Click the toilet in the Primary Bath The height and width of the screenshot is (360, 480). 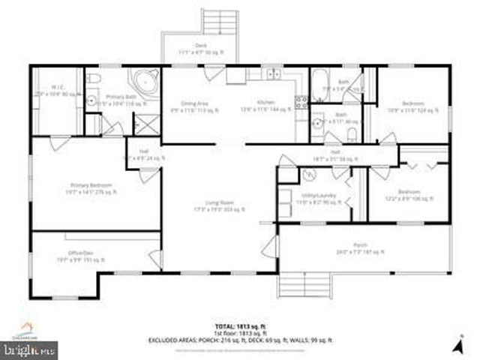pyautogui.click(x=91, y=79)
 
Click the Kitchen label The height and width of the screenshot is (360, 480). pyautogui.click(x=267, y=102)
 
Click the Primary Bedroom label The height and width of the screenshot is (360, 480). pyautogui.click(x=90, y=187)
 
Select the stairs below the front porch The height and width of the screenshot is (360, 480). pyautogui.click(x=306, y=286)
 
